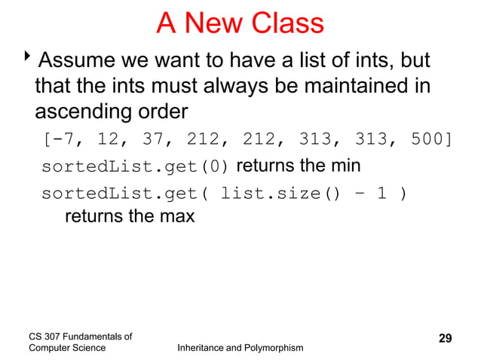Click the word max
pos(178,217)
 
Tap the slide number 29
pos(445,337)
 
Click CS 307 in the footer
pos(44,336)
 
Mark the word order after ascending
pos(159,112)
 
